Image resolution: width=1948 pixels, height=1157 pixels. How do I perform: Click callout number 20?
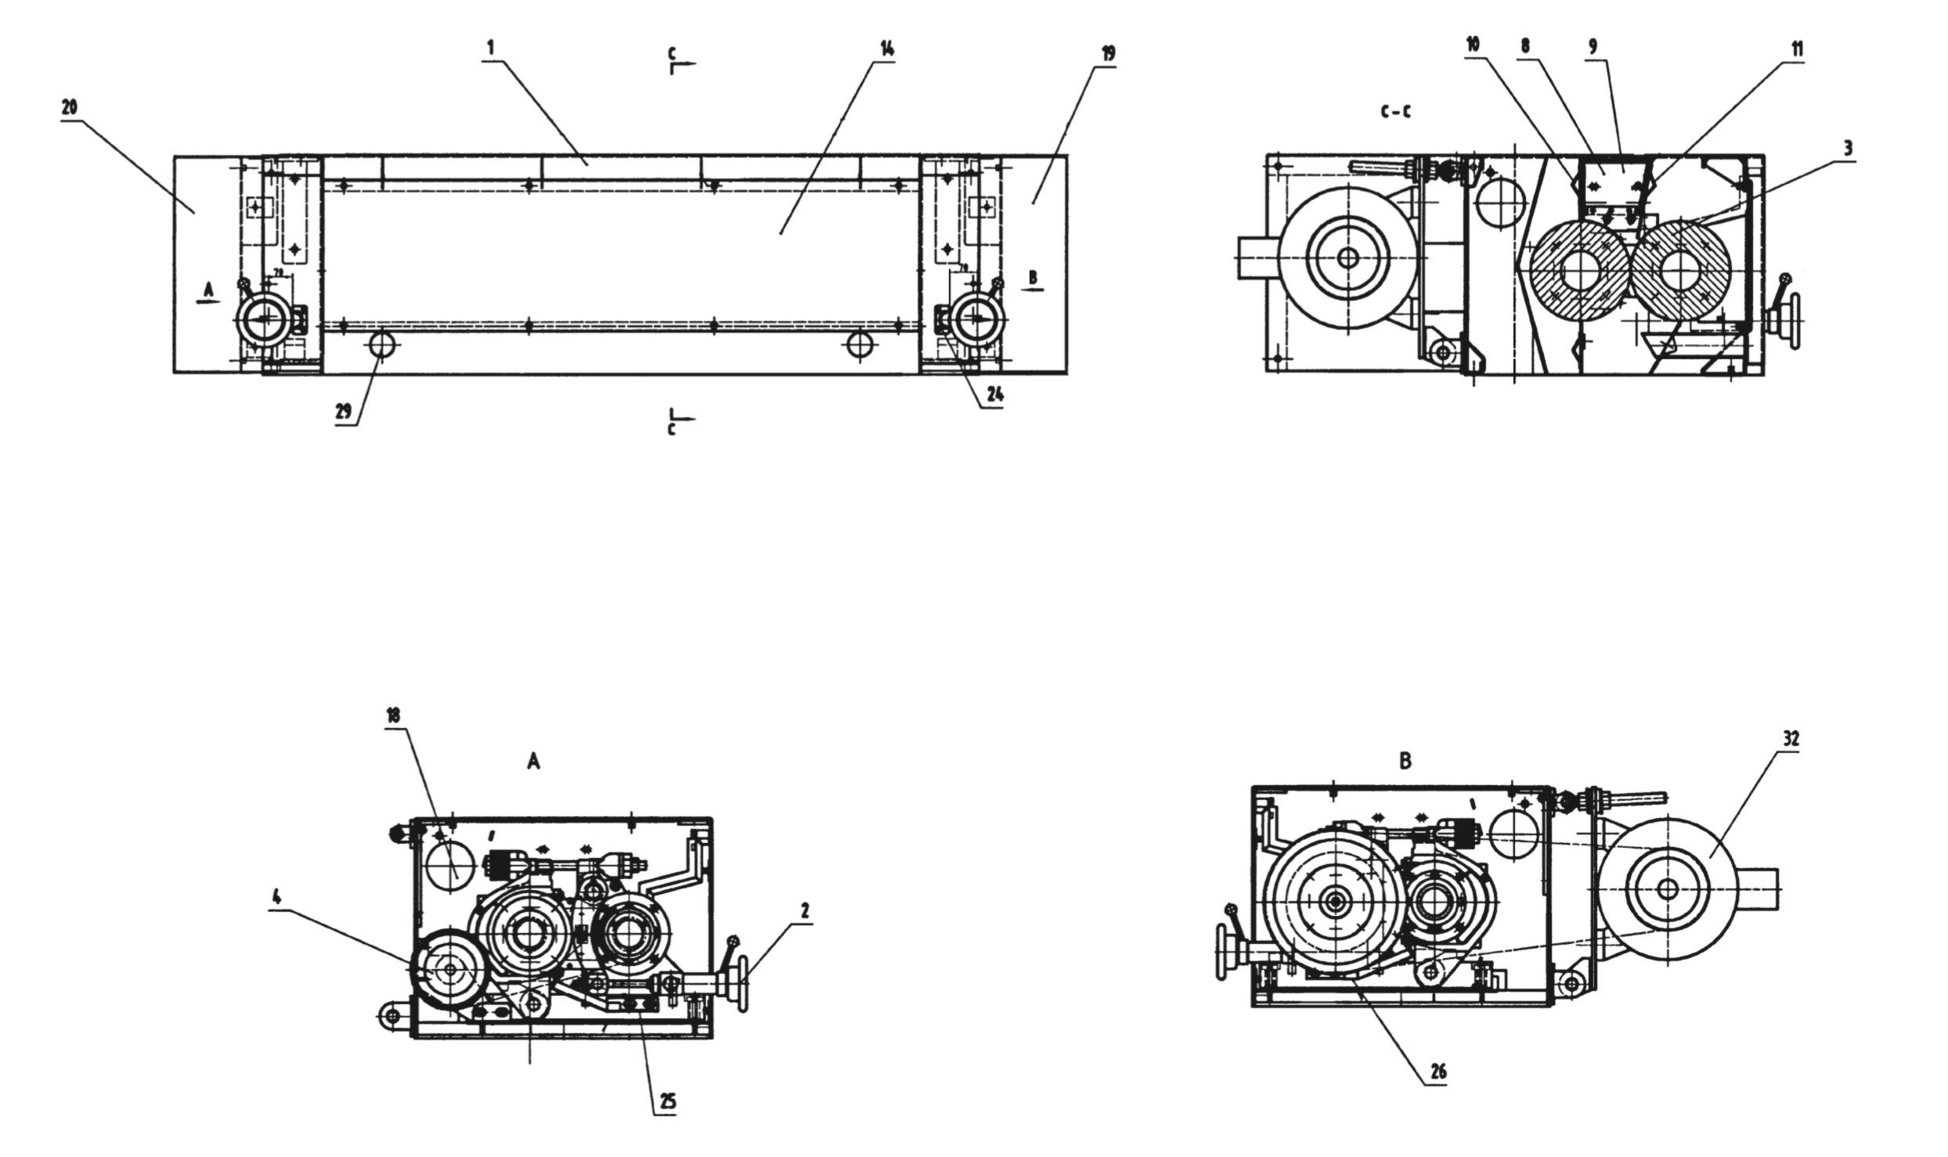(x=70, y=107)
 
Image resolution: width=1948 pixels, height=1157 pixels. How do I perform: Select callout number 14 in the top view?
(x=886, y=49)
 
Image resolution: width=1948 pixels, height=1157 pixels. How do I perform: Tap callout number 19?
(x=1108, y=54)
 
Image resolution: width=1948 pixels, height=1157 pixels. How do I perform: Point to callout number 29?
(x=344, y=413)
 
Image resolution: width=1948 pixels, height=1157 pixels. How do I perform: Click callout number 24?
(x=994, y=396)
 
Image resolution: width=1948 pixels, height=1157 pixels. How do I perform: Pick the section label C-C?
(x=1396, y=113)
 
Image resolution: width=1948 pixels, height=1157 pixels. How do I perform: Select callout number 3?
(x=1848, y=149)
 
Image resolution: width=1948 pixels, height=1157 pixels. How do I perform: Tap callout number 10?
(x=1473, y=45)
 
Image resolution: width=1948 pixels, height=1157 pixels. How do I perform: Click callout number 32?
(x=1791, y=738)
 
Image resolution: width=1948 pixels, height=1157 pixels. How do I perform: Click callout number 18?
(x=394, y=715)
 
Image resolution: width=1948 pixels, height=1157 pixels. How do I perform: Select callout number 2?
(x=804, y=910)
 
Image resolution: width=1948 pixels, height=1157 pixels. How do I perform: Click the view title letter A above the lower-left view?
(x=533, y=762)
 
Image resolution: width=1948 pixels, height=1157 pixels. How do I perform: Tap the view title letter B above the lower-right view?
(x=1405, y=761)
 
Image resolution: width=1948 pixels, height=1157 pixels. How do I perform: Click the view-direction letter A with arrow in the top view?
(x=208, y=291)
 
